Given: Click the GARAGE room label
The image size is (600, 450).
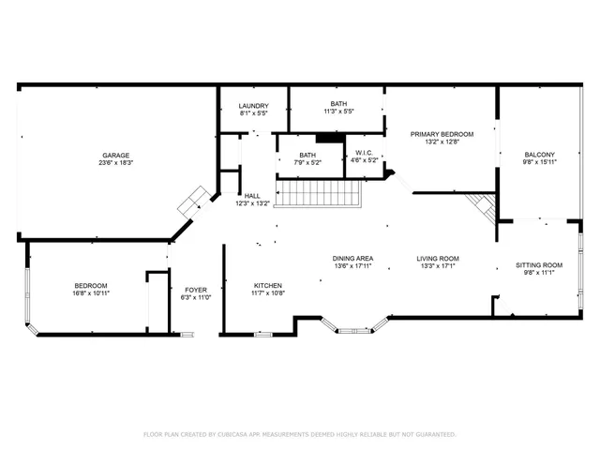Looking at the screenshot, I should [116, 156].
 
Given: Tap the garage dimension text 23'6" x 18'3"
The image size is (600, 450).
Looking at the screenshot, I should [116, 164].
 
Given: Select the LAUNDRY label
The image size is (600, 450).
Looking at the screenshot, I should [253, 106].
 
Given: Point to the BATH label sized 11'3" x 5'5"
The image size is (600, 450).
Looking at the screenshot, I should [337, 104].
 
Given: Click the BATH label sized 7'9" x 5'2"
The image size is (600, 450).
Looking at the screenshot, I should [307, 156].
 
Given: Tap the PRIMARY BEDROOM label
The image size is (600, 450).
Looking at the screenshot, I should [442, 134].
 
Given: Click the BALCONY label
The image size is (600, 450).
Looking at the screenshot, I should [539, 155].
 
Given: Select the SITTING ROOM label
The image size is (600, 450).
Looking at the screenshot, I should [539, 265].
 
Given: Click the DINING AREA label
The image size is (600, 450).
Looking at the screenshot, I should [352, 259].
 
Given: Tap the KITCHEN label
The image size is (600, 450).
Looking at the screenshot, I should [268, 286].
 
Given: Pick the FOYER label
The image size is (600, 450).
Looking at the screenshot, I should [195, 290].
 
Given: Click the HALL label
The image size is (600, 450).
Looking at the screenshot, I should [251, 196].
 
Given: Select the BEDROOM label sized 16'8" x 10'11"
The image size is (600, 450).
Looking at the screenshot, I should [91, 286].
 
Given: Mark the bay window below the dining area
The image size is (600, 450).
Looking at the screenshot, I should [352, 327].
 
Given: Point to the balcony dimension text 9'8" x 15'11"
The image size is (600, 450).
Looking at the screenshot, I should [539, 163].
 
